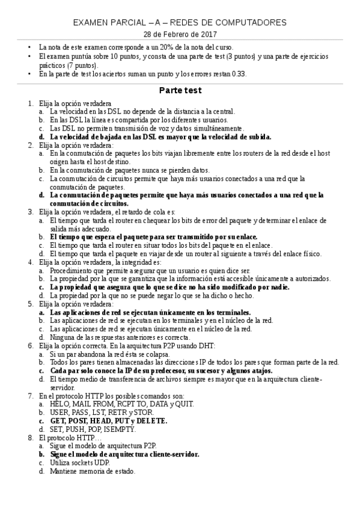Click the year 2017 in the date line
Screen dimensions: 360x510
(204, 34)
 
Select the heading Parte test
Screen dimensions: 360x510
(180, 90)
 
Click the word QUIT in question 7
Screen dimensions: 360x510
(183, 404)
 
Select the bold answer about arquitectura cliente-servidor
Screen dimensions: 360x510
(124, 454)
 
